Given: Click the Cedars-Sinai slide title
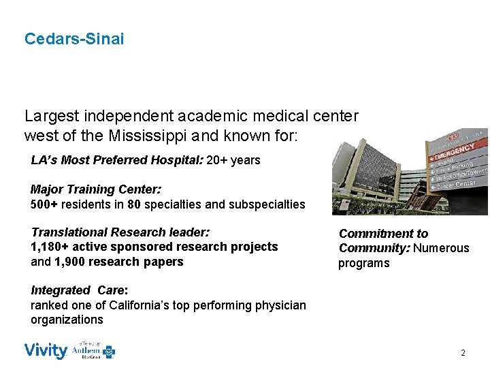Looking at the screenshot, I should click(74, 39).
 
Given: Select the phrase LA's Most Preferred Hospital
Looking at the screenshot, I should click(116, 161).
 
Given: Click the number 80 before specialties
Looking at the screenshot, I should click(147, 204).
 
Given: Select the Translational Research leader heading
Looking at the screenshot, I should click(120, 232).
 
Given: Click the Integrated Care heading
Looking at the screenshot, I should click(79, 291).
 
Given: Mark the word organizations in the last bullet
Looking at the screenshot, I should click(67, 320).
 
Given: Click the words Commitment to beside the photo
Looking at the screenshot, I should click(383, 234).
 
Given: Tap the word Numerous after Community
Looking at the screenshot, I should click(444, 248).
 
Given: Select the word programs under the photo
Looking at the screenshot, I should click(363, 263).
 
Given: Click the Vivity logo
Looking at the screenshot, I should click(46, 351).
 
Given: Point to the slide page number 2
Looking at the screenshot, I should click(463, 353).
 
